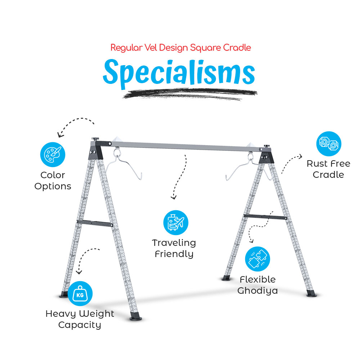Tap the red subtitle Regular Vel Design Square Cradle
pos(180,48)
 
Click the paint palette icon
pos(53,155)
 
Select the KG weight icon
pos(80,294)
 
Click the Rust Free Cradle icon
pos(329,144)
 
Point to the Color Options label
pos(53,181)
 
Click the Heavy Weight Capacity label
pos(80,319)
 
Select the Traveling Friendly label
pos(174,248)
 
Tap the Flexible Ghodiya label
pos(257,285)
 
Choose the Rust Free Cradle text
pos(328,169)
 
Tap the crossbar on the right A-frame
pos(265,216)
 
